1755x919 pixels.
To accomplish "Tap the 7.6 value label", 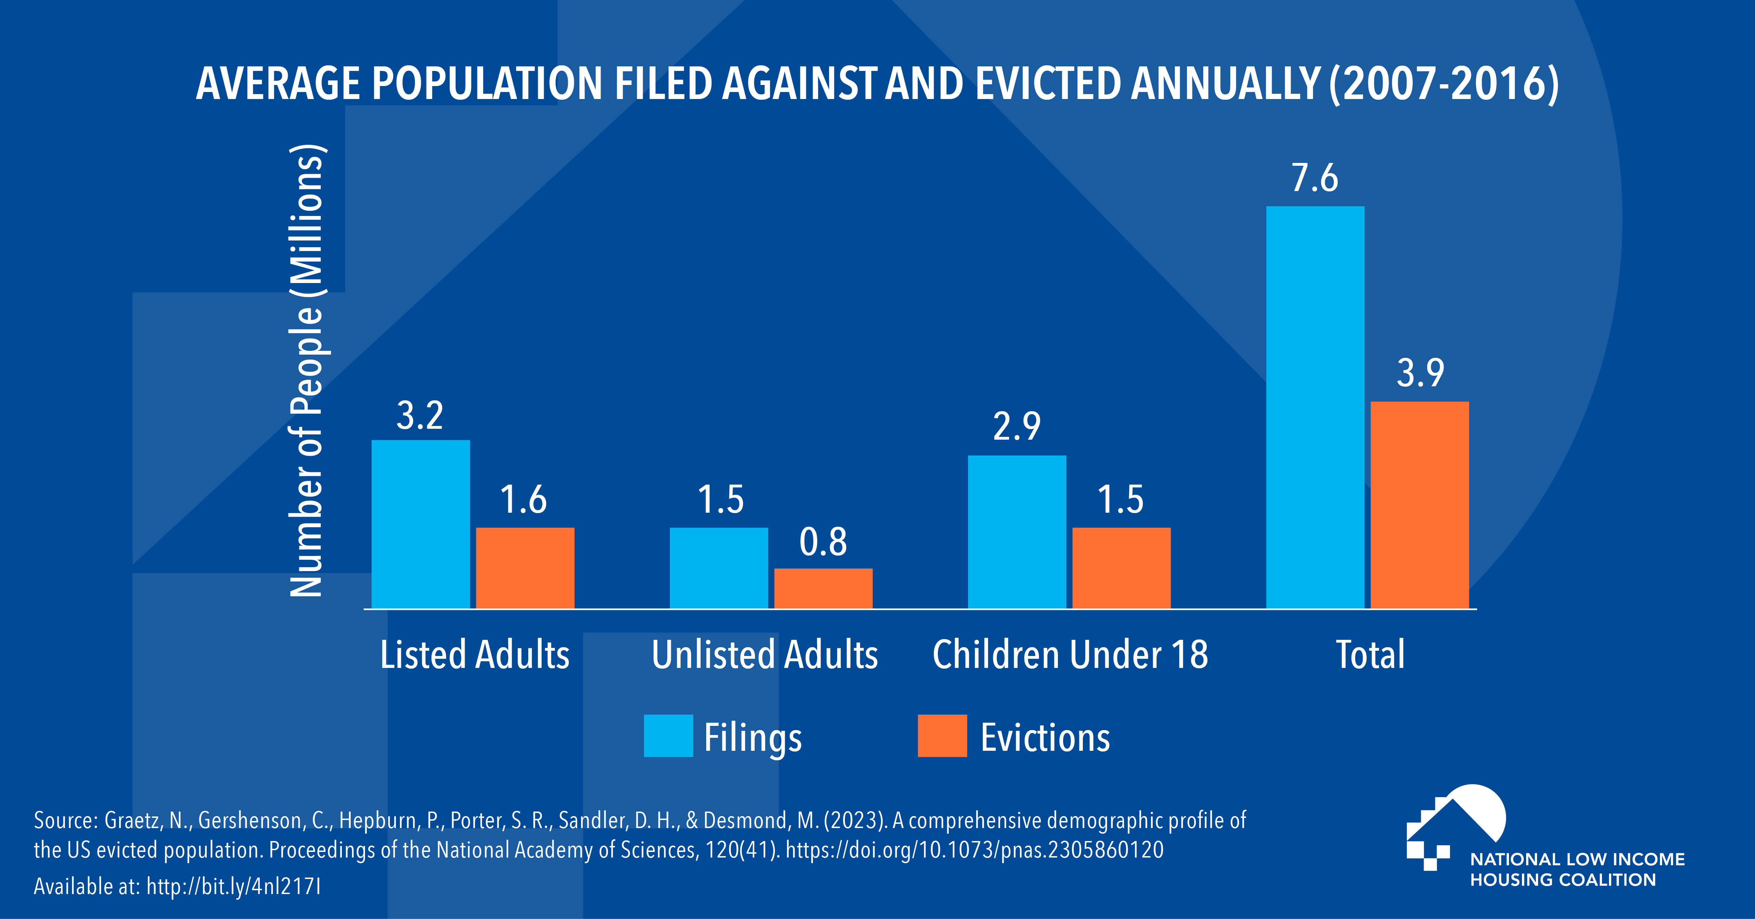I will point(1315,179).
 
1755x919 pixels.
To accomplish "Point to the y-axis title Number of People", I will point(306,372).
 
